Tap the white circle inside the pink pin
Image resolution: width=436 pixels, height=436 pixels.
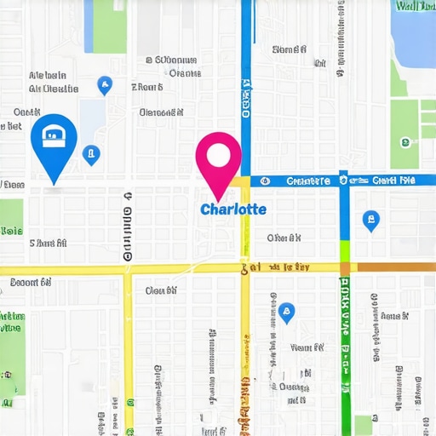click(x=218, y=155)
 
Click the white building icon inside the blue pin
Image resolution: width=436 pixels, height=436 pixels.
click(x=54, y=135)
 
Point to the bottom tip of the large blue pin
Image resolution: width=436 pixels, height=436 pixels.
click(x=54, y=182)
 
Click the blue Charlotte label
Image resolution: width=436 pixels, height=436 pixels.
click(x=232, y=209)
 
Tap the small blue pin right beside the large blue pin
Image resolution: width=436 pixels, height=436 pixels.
click(x=91, y=155)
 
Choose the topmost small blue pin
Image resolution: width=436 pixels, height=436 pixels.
click(x=104, y=84)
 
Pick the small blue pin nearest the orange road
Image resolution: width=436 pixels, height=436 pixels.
click(x=370, y=221)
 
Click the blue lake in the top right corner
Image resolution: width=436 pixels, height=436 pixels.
click(x=413, y=38)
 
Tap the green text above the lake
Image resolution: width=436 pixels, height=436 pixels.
click(x=414, y=6)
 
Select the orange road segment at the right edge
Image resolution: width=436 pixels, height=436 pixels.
click(x=396, y=267)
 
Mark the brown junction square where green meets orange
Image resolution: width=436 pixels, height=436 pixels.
click(x=345, y=267)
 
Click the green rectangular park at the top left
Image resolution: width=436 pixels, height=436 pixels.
click(x=109, y=26)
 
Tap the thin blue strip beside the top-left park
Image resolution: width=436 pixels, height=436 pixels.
click(x=89, y=26)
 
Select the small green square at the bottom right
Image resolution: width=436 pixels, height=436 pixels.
click(x=364, y=424)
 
